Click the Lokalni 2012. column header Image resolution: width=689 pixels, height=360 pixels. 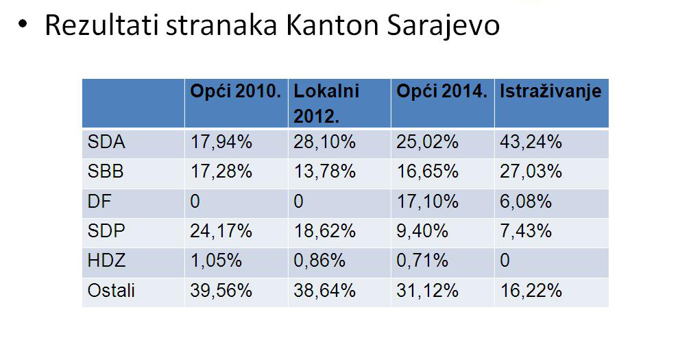coord(327,103)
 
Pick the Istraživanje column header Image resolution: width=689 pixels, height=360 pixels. coord(551,91)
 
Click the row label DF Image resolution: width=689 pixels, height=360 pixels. coord(99,202)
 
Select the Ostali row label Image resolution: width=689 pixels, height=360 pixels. coord(111,290)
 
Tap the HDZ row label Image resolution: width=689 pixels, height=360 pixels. coord(107,261)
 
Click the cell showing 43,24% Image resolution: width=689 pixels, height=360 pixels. coord(531,143)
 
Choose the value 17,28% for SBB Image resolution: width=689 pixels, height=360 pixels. coord(221,171)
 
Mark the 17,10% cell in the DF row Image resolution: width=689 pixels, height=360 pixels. coord(427,202)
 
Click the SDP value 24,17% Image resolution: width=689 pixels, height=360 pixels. coord(221,231)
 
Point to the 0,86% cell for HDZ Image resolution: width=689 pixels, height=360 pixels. coord(320,261)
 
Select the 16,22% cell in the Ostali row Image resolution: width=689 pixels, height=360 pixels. coord(531,290)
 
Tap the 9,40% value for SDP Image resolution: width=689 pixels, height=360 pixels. coord(422,231)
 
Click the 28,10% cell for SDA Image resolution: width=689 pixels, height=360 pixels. coord(324,143)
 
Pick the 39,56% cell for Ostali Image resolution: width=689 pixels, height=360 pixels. coord(221,290)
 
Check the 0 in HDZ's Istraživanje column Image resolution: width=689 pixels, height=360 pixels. coord(505,261)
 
